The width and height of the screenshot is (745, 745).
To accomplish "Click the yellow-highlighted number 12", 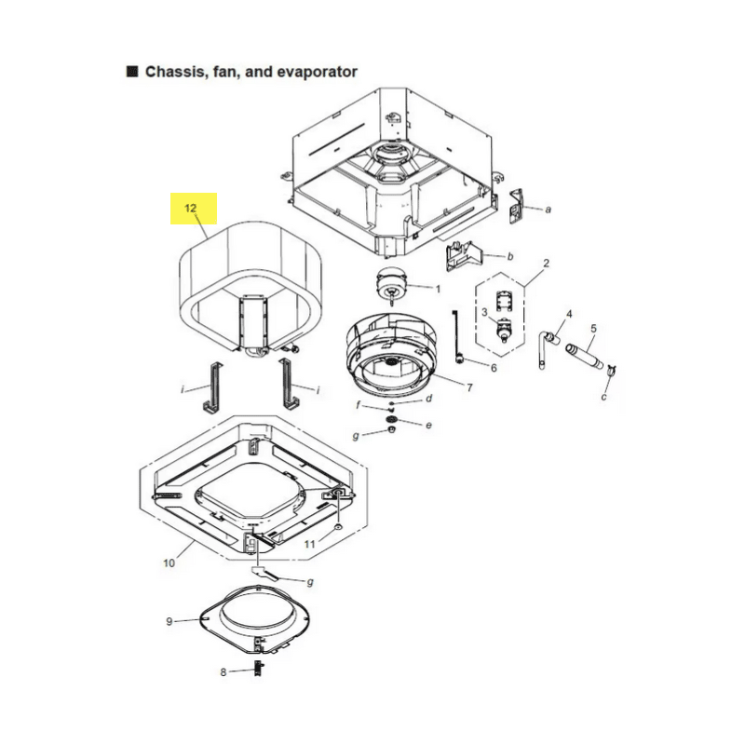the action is coord(191,208).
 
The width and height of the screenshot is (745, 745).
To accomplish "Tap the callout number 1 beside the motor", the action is coord(438,289).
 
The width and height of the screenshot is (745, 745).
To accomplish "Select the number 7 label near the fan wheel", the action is coord(469,387).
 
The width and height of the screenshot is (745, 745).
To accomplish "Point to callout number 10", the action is coord(169,563).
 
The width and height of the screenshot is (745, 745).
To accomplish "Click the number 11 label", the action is coord(310,544).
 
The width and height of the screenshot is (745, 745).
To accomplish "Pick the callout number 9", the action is coord(169,621).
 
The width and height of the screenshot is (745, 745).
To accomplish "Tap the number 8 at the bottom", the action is coord(223,672).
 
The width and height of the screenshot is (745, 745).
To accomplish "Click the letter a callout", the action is coord(548,210).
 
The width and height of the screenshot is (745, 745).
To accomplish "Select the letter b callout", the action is coord(510,257).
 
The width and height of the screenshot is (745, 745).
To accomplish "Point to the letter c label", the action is coord(603,397).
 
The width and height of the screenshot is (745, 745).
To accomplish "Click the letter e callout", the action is coord(428,426).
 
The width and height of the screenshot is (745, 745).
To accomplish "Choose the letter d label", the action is coord(428,399).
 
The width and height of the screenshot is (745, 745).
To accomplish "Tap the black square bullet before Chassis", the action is coord(132,72).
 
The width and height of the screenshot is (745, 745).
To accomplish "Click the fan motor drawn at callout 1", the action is coord(390,284).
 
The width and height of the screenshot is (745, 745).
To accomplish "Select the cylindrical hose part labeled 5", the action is coord(585,357).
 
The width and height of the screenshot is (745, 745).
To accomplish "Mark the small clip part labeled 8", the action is coord(259,668).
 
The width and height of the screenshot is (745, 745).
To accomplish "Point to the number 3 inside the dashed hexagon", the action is coord(484,312).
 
